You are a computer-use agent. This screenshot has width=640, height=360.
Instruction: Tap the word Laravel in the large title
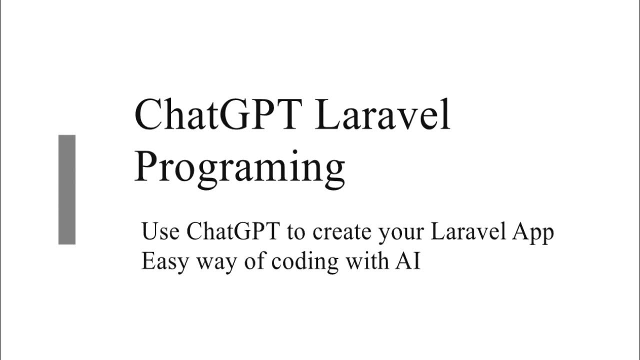[382, 114]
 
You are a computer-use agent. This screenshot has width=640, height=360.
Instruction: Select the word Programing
[239, 167]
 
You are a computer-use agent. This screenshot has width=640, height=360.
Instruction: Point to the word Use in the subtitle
[160, 232]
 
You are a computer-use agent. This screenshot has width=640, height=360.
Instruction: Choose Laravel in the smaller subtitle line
[468, 232]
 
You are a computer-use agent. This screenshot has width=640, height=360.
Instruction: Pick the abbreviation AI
[406, 261]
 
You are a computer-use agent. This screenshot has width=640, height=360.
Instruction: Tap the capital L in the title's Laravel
[327, 114]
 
